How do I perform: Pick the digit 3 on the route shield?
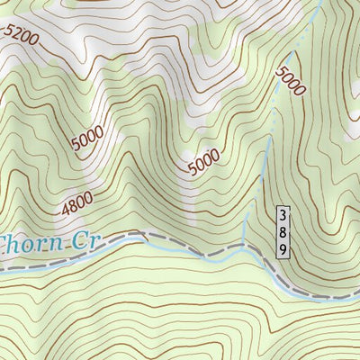[x=283, y=216]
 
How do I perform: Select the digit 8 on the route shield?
[x=283, y=232]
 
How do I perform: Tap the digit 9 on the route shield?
[x=283, y=248]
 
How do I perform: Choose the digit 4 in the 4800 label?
[x=67, y=211]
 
